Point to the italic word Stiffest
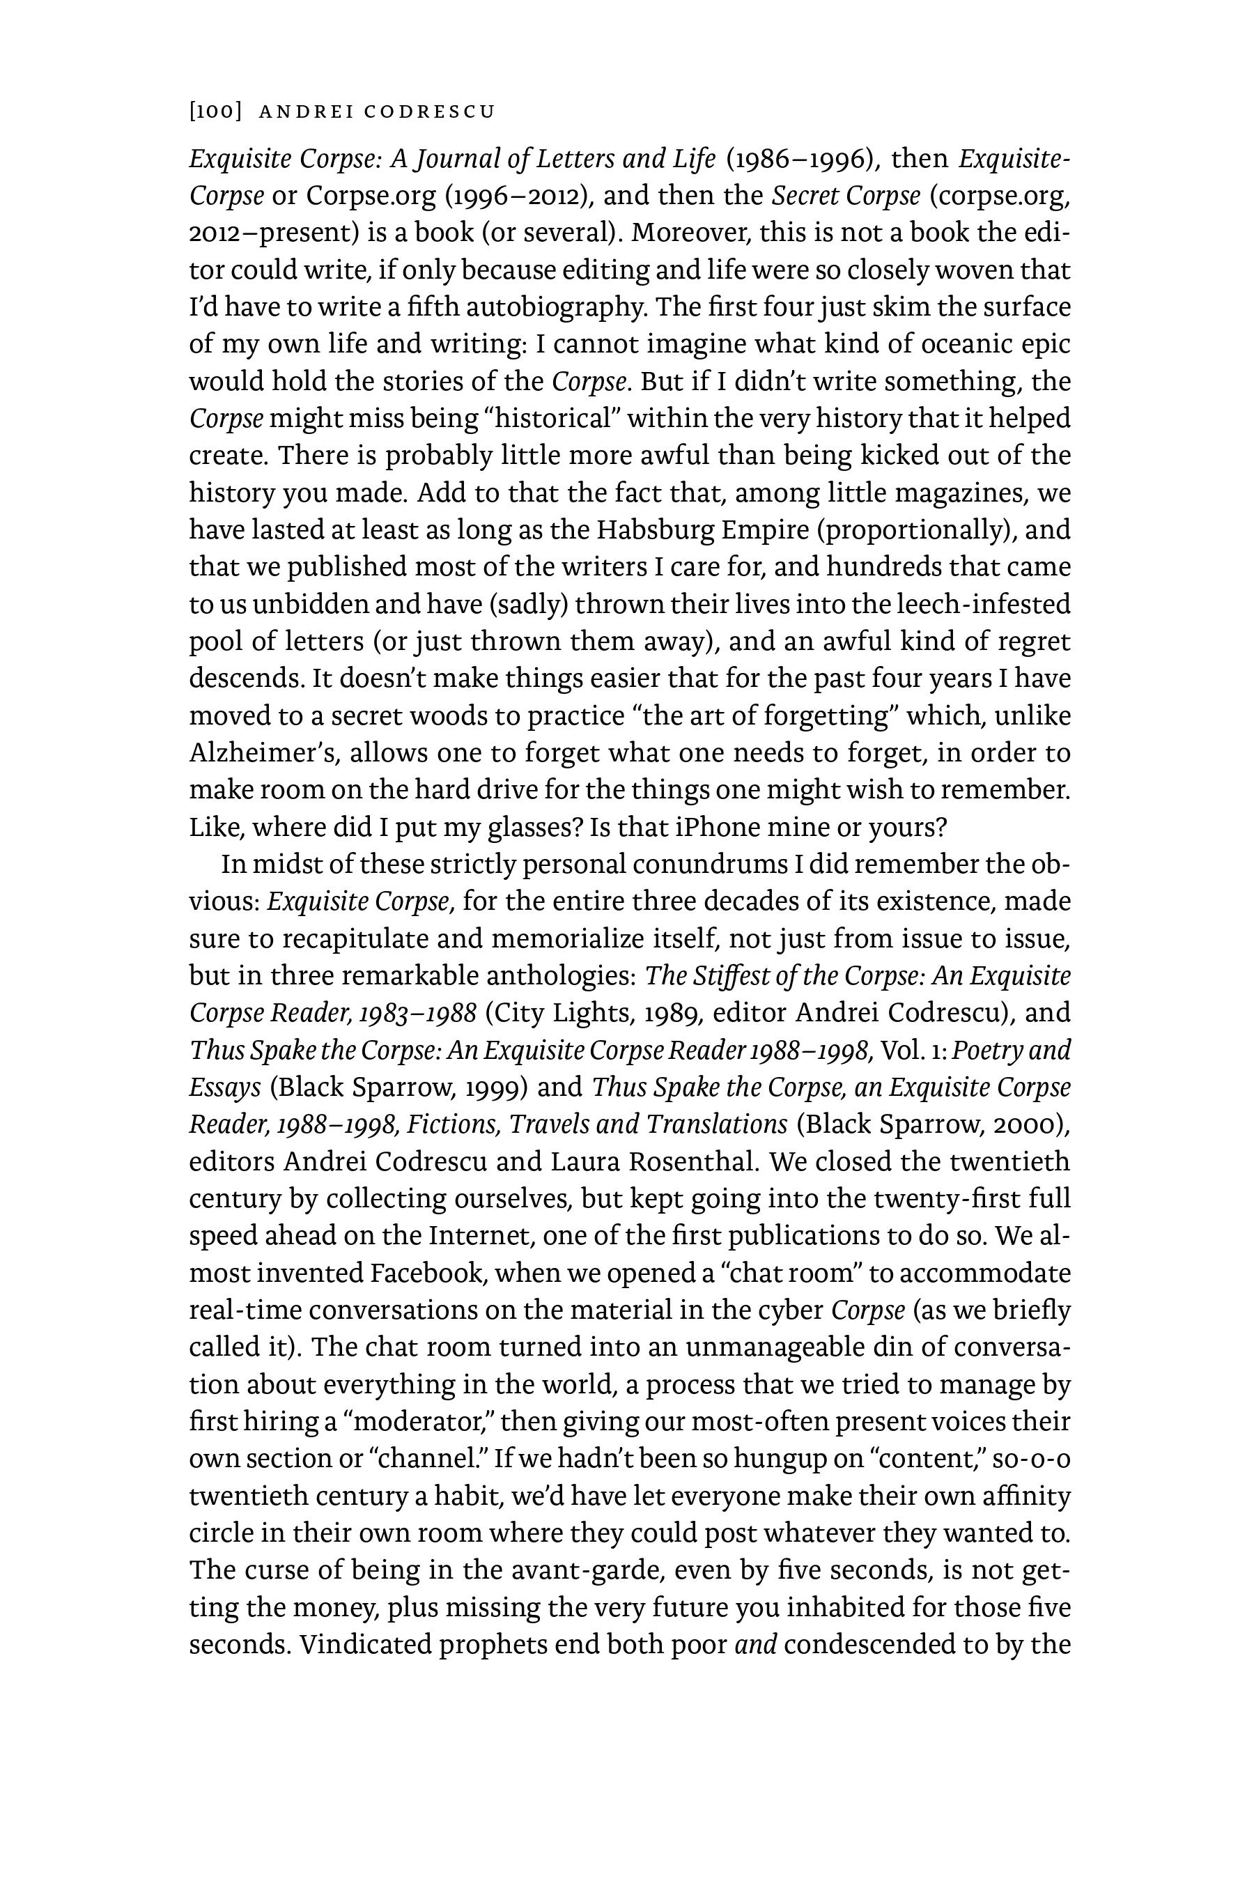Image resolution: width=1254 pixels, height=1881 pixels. (725, 976)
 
